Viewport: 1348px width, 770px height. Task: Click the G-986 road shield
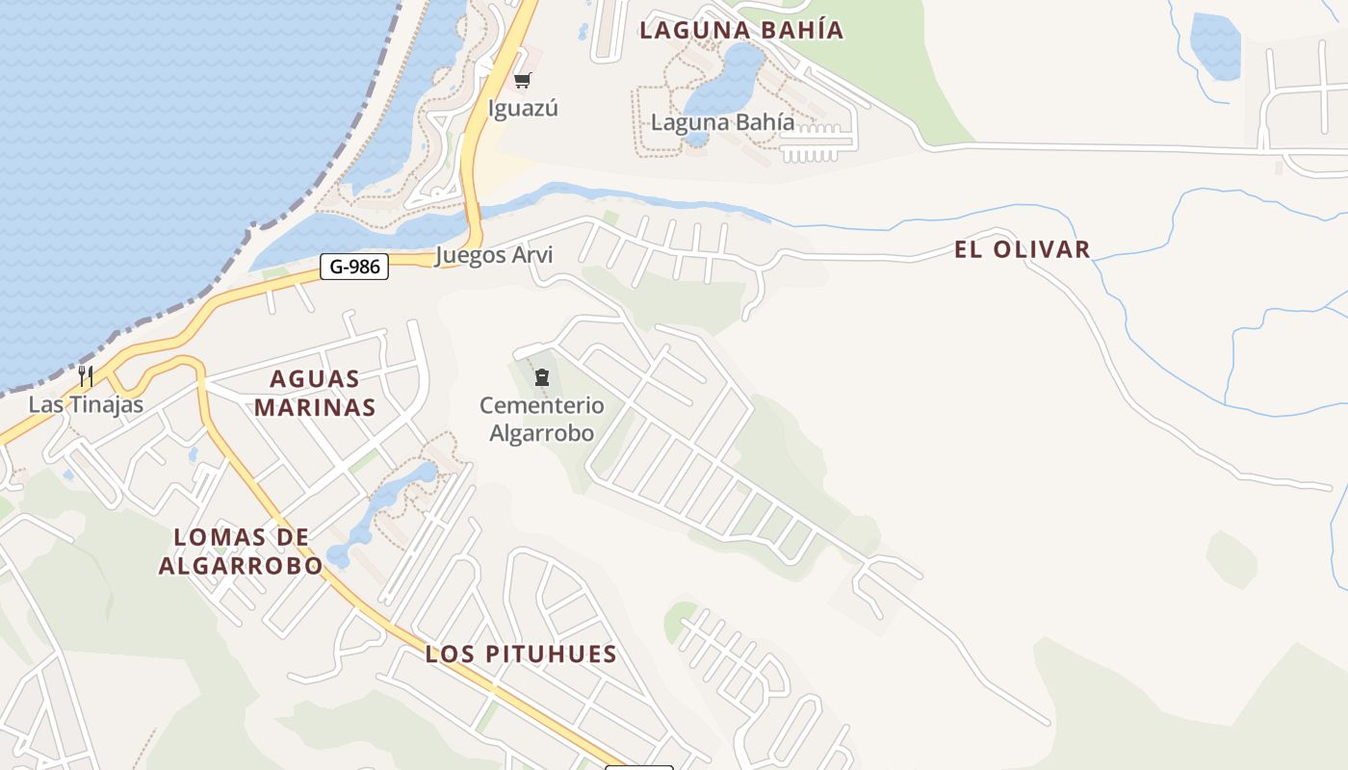[x=354, y=267]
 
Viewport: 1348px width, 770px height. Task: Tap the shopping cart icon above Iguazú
[x=522, y=81]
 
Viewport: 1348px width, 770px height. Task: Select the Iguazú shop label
[x=523, y=108]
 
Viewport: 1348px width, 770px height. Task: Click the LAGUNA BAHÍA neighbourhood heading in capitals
[x=741, y=30]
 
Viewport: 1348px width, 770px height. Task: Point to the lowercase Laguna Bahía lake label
[x=723, y=122]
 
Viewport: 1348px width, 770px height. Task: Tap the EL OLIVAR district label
[x=1022, y=249]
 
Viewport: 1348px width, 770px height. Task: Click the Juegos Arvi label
[x=494, y=255]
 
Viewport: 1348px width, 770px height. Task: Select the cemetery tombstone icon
[x=541, y=376]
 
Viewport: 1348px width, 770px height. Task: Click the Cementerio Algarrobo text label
[x=542, y=419]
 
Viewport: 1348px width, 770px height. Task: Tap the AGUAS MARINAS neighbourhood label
[x=314, y=393]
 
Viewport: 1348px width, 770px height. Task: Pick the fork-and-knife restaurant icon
[x=86, y=374]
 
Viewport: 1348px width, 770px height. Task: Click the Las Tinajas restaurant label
[x=86, y=404]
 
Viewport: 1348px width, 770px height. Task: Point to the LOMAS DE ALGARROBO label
[x=241, y=552]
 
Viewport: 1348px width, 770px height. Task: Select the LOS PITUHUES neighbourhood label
[x=521, y=654]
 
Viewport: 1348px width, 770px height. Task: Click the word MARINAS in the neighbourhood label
[x=314, y=407]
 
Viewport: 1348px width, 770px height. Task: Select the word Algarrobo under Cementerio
[x=542, y=433]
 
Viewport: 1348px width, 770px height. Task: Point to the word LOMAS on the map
[x=218, y=537]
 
